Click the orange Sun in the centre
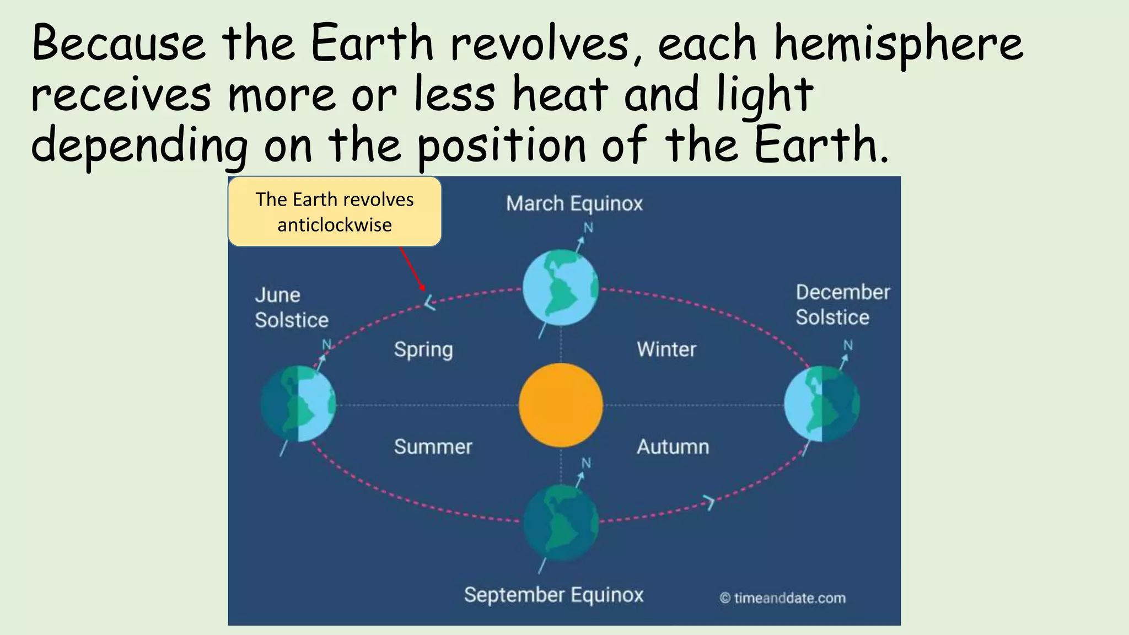[561, 405]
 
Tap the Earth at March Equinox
[561, 287]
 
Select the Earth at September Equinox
[561, 522]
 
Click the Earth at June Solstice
[298, 404]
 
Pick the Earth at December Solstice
[821, 404]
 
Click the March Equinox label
[574, 204]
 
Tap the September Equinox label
[553, 595]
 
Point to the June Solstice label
[291, 308]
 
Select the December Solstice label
[842, 305]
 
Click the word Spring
[423, 350]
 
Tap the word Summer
[433, 447]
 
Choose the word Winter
[666, 349]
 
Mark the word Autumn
[673, 447]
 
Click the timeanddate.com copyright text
[783, 598]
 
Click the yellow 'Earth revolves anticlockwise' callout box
[335, 212]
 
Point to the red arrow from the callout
[412, 269]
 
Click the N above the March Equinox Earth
[588, 228]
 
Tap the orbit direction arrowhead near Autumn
[709, 502]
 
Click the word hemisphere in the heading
[899, 44]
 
